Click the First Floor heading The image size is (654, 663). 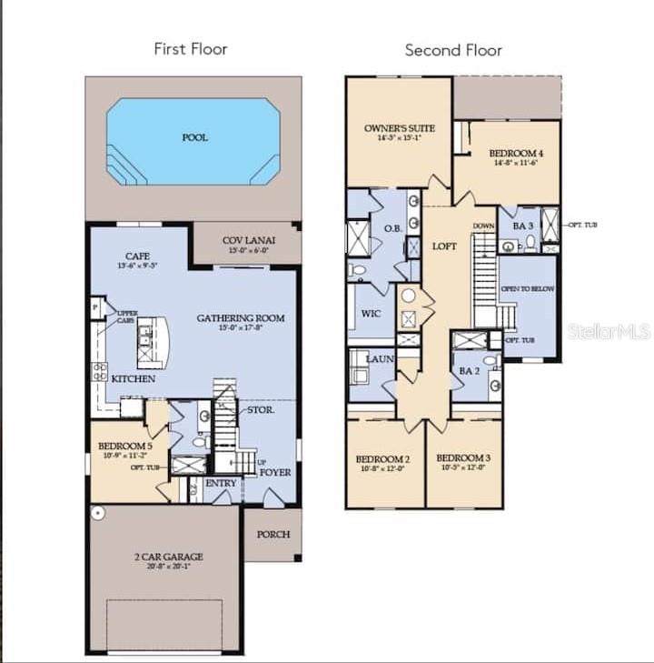coord(190,49)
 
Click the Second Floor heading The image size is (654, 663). coord(453,50)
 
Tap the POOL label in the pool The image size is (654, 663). coord(194,137)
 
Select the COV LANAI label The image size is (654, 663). coord(249,240)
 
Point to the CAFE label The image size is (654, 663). coord(136,256)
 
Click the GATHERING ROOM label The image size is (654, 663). coord(241,318)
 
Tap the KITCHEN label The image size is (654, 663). coord(134,378)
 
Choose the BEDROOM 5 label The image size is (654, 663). coord(125,446)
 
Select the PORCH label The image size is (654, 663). coord(272,535)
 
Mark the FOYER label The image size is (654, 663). coord(275,472)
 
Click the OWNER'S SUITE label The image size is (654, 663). coord(400,128)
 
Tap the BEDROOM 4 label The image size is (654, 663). coord(517,153)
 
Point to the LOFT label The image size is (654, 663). coord(444,246)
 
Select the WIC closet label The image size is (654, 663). coord(370,316)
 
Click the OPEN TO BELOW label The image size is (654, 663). coord(528,289)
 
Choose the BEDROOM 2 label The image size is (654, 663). coord(382,457)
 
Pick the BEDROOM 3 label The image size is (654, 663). coord(463,457)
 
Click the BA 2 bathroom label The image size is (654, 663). coord(469,371)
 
